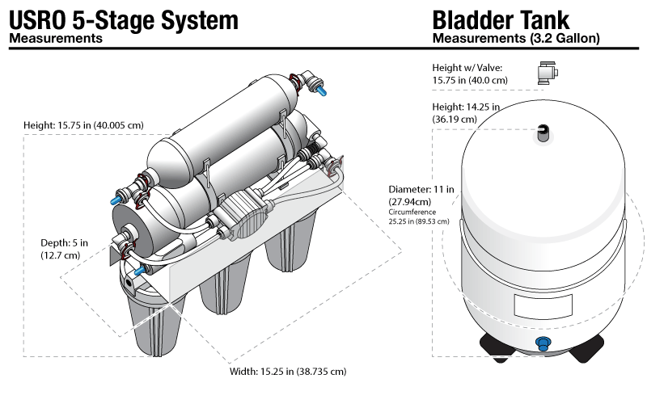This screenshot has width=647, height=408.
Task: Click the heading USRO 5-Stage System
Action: (x=124, y=19)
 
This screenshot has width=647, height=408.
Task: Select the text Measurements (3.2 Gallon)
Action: (x=516, y=38)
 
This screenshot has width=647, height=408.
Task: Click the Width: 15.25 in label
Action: (x=288, y=372)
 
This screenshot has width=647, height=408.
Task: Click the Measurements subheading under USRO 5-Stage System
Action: (x=55, y=38)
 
